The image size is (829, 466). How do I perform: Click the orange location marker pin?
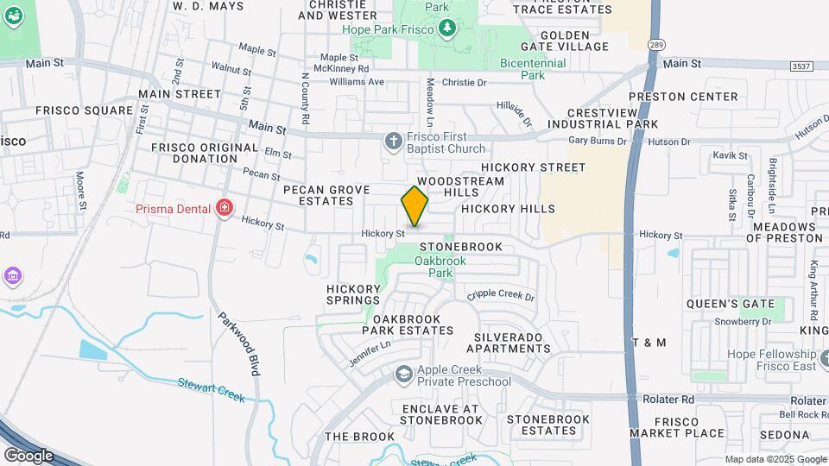point(415,206)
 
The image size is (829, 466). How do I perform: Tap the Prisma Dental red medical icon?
point(225,208)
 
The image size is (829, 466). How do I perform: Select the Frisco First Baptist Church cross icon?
point(394,141)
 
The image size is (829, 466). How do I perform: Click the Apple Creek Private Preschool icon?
point(403,375)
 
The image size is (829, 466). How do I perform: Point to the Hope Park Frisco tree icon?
point(447,29)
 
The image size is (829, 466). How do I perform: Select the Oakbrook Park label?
point(433,267)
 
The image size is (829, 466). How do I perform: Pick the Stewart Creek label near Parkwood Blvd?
point(212,389)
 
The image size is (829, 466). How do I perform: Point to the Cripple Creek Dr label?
point(501,295)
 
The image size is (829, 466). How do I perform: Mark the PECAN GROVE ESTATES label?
point(326,195)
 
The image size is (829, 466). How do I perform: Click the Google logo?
point(28,455)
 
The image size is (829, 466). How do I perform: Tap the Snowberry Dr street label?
point(742,322)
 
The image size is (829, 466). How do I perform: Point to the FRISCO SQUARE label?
point(85,110)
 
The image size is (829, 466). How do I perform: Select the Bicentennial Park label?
point(533,69)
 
